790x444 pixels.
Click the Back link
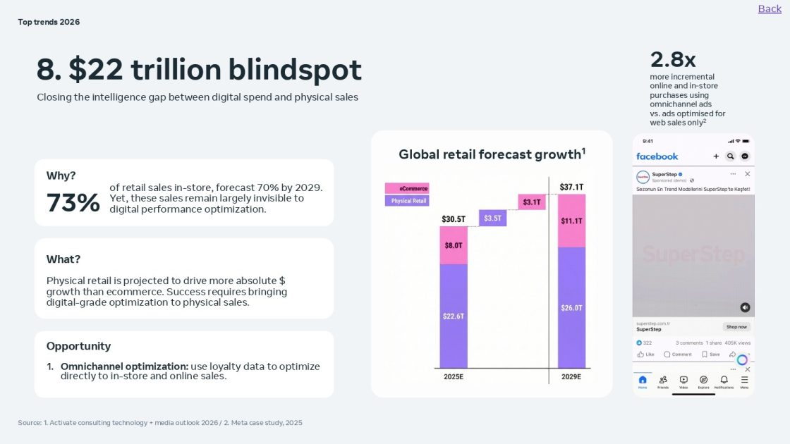click(770, 8)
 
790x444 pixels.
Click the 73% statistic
click(73, 203)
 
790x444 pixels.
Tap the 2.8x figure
click(673, 59)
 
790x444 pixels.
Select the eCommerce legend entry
click(407, 188)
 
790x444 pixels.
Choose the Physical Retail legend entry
click(407, 201)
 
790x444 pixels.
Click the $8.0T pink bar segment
click(454, 245)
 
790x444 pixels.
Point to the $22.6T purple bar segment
click(454, 316)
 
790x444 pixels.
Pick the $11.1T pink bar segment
click(571, 221)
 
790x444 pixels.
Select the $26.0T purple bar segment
click(571, 307)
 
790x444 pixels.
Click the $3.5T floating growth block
click(492, 218)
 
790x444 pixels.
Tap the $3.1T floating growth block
click(532, 202)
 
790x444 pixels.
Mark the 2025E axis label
click(454, 377)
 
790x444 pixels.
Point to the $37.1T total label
click(571, 187)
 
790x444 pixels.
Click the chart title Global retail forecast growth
click(492, 154)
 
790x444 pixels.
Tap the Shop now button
click(736, 327)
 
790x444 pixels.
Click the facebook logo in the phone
click(657, 156)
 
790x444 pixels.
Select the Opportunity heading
click(78, 346)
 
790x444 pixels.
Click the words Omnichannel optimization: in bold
click(124, 366)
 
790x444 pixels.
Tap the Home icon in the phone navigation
click(643, 381)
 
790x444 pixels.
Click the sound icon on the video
click(745, 307)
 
